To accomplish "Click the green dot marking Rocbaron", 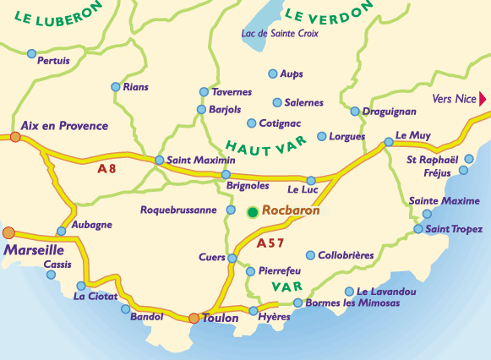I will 252,211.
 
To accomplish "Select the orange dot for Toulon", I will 194,319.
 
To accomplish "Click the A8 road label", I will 107,168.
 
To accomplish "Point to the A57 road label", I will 270,243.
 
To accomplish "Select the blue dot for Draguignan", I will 355,112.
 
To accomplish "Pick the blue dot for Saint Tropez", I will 418,229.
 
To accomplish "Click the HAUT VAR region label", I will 266,145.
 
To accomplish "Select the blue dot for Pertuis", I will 32,53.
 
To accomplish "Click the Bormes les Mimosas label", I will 348,303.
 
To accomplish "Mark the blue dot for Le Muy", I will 388,142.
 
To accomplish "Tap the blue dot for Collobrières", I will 310,255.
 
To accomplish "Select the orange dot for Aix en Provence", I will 15,136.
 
